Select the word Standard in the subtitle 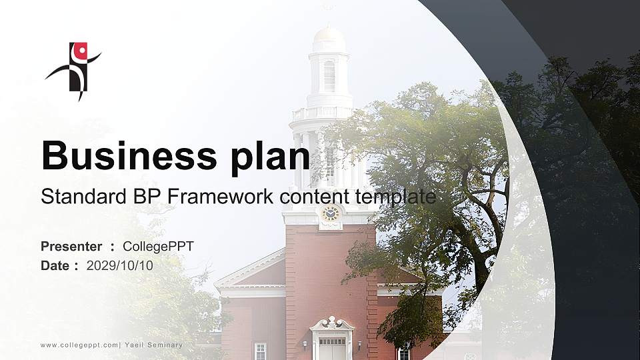[x=74, y=197]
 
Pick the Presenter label [x=71, y=247]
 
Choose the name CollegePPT [x=159, y=247]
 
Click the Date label [x=55, y=266]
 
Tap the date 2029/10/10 [x=120, y=266]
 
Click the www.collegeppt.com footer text [x=80, y=345]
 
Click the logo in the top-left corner [x=75, y=69]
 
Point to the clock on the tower [x=330, y=213]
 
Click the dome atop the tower [x=329, y=35]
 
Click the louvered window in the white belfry [x=329, y=75]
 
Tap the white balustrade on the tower [x=323, y=113]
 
